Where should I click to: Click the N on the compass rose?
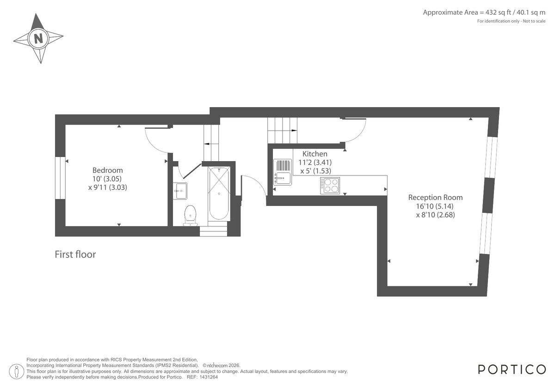click(x=38, y=38)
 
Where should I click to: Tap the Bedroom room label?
click(x=107, y=170)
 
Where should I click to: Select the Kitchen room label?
click(x=314, y=154)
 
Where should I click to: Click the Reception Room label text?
click(x=435, y=197)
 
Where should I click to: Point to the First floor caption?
click(x=75, y=254)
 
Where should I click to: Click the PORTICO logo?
click(x=512, y=369)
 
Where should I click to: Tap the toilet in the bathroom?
click(x=190, y=215)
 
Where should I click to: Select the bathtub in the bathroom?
click(x=218, y=194)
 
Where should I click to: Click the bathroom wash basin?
click(x=180, y=190)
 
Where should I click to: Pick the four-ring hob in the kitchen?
click(x=329, y=186)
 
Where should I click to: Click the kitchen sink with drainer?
click(x=282, y=171)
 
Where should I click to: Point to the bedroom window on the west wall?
click(x=60, y=178)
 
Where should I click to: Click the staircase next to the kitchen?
click(x=282, y=130)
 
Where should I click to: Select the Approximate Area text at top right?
click(x=484, y=12)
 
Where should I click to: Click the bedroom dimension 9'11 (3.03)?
click(x=107, y=187)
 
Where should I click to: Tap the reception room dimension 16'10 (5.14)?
click(x=435, y=206)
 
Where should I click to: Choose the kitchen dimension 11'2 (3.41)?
click(x=316, y=162)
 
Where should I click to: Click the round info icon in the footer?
click(x=17, y=371)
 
